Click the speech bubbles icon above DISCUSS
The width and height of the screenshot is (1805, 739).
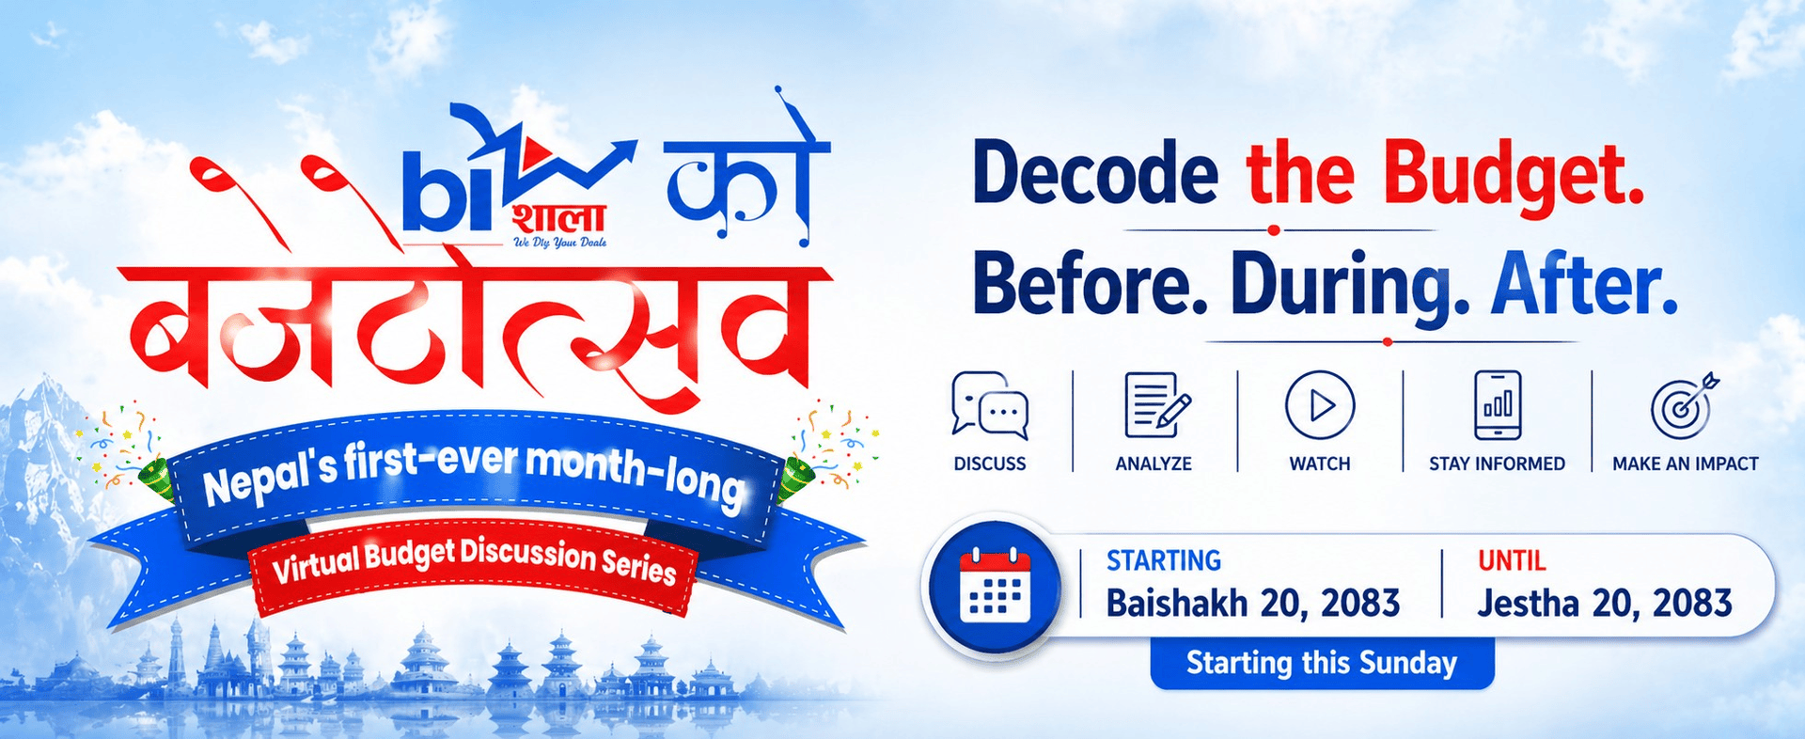pyautogui.click(x=990, y=405)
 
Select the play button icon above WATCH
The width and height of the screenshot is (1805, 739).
pyautogui.click(x=1320, y=405)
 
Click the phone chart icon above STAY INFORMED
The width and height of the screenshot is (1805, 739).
pyautogui.click(x=1498, y=405)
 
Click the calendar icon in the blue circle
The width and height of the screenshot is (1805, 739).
pyautogui.click(x=995, y=584)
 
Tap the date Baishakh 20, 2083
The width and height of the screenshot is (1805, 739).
pyautogui.click(x=1252, y=603)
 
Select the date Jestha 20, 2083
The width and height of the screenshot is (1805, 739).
pyautogui.click(x=1604, y=603)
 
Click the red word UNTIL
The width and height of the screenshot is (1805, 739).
pyautogui.click(x=1512, y=561)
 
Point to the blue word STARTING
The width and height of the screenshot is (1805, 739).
pyautogui.click(x=1164, y=561)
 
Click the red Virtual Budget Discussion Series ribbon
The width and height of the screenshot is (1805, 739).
pyautogui.click(x=473, y=561)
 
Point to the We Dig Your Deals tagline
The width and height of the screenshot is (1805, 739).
pyautogui.click(x=559, y=243)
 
